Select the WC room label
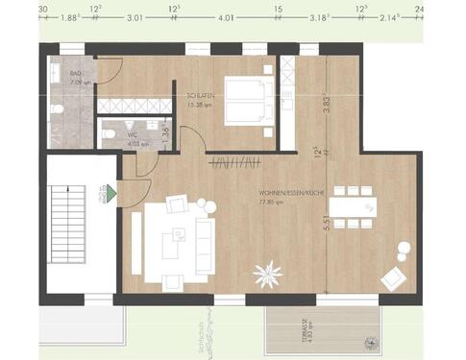(x=133, y=135)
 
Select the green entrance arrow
(x=111, y=195)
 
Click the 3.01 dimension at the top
(x=135, y=16)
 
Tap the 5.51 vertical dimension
(x=327, y=223)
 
